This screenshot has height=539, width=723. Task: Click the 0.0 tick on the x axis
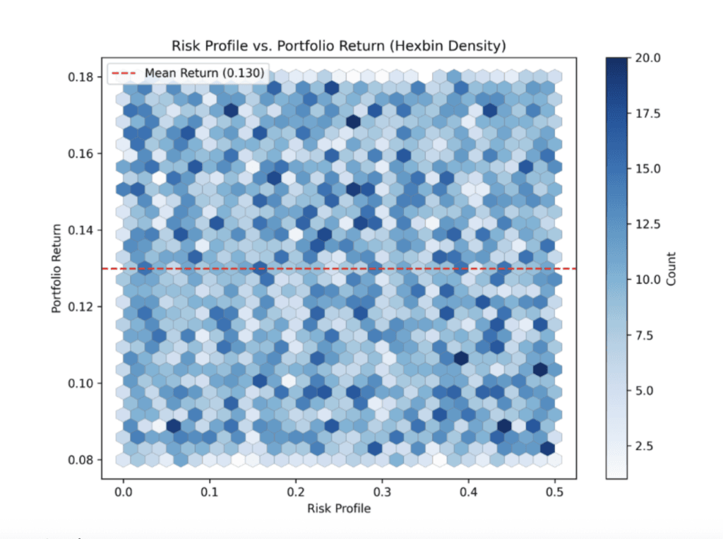coord(124,490)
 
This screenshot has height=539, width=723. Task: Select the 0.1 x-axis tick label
coord(210,490)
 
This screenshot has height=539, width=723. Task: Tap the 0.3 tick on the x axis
coord(383,490)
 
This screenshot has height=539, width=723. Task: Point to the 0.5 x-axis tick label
coord(555,490)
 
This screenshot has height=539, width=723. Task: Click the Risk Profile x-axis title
coord(338,508)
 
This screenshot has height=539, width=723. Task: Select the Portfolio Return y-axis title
coord(56,268)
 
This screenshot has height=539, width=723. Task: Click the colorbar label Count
coord(671,268)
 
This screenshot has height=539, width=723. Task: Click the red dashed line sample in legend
coord(125,73)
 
